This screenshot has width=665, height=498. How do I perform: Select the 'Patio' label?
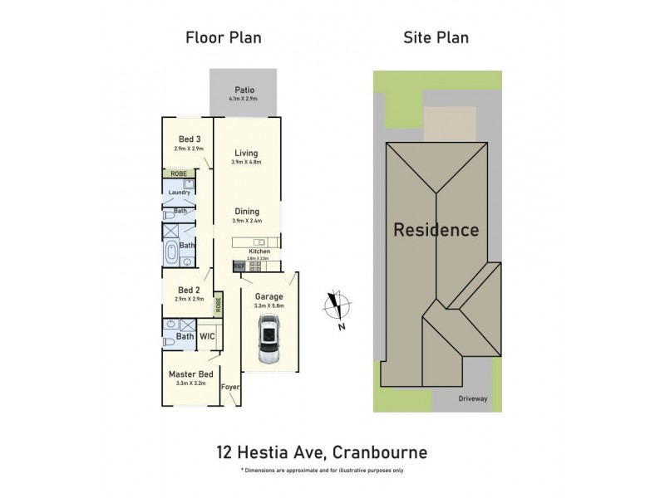coord(244,90)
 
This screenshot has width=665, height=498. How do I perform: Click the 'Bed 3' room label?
coord(190,139)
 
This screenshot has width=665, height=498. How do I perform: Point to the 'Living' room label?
coord(246,153)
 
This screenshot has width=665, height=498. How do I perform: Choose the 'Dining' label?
coord(246,211)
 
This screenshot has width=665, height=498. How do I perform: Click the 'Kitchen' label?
coord(259,250)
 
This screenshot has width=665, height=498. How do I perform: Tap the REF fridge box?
coord(239,266)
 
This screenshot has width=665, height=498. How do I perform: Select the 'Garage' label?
coord(268,296)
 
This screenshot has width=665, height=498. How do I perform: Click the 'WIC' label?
coord(207,337)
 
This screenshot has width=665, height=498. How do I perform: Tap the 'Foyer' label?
coord(229,388)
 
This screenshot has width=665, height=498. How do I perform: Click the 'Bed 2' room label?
coord(189,290)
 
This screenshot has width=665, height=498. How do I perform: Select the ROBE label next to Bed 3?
coord(178,173)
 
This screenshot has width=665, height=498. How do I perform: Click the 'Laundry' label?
coord(180,193)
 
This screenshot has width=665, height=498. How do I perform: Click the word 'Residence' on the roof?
coord(436,230)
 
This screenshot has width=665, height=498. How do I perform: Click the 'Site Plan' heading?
coord(436,37)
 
